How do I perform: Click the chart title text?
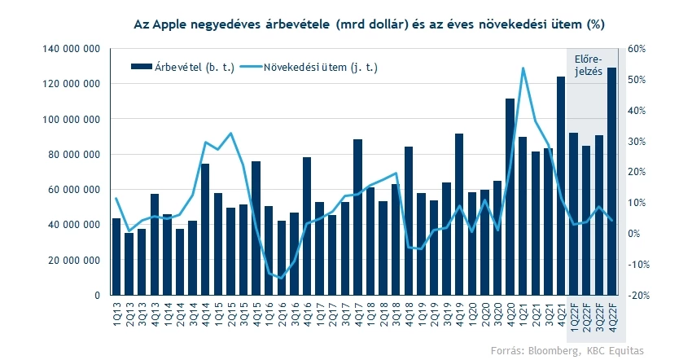[x=369, y=24]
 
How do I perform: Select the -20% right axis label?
[x=636, y=295]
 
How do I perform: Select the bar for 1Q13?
[x=116, y=256]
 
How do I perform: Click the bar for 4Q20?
[x=510, y=196]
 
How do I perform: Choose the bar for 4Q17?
[x=357, y=217]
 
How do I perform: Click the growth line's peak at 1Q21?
[x=523, y=68]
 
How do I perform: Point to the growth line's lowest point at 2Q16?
[x=282, y=279]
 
